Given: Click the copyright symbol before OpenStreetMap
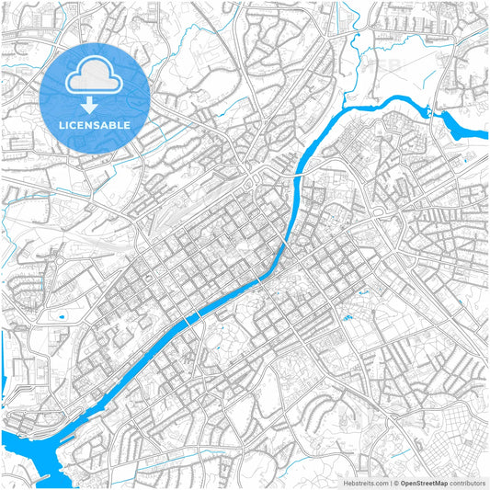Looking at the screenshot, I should [x=395, y=483].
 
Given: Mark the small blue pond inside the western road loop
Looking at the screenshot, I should [x=62, y=318].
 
